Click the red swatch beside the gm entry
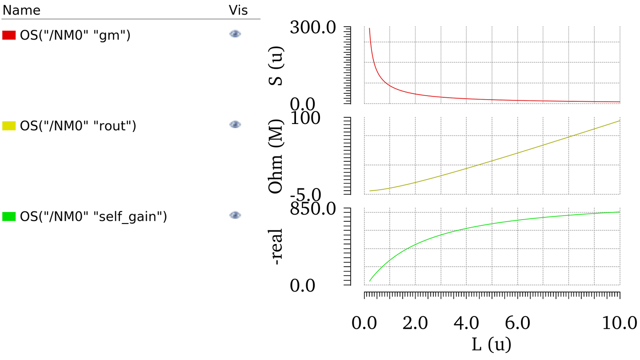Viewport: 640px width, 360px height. pos(9,35)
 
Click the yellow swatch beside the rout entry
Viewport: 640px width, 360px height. pos(9,126)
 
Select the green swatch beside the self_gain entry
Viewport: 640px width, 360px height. pos(9,216)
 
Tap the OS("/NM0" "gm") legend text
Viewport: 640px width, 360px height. pos(75,35)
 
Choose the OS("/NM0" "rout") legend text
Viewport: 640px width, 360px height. pos(78,126)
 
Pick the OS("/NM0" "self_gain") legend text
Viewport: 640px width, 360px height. pos(93,216)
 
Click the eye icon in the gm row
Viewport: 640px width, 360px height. pos(235,34)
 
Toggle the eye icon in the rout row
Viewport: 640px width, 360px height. pos(235,124)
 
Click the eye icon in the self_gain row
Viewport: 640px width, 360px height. pos(235,215)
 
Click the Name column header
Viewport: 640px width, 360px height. pos(21,10)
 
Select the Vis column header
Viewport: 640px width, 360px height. pos(238,10)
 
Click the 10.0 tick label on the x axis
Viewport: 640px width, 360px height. pos(620,323)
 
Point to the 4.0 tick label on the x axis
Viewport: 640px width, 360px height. pos(467,323)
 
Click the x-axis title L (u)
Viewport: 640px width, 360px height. pos(491,344)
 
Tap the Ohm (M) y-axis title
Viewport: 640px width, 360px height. pos(277,156)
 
